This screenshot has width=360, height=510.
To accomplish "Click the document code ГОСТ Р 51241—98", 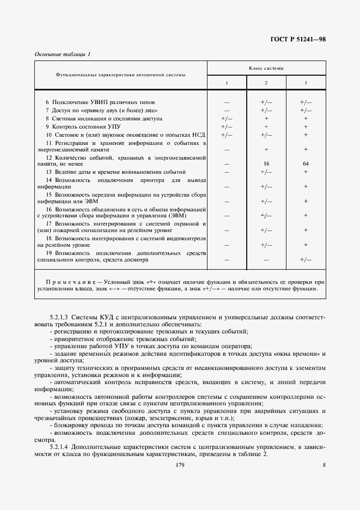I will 298,40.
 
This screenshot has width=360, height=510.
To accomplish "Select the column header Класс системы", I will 266,68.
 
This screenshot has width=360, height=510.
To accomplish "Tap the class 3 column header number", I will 305,82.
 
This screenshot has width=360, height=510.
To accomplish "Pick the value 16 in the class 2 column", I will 266,163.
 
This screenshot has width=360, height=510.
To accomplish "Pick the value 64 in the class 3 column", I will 306,163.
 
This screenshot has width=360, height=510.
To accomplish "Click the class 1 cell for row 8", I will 227,118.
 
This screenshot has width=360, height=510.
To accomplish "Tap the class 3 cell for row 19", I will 306,260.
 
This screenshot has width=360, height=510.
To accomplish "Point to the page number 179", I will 180,465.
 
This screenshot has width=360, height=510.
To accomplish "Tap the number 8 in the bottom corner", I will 324,465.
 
